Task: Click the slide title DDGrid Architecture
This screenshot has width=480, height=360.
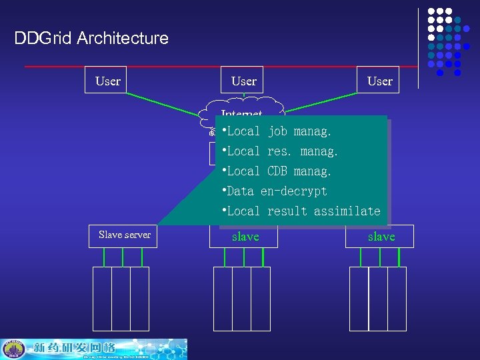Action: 91,38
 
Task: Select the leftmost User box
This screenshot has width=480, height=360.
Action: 108,81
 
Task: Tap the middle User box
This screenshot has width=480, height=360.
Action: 243,81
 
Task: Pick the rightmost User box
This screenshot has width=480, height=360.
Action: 379,81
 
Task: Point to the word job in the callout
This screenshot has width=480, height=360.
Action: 277,131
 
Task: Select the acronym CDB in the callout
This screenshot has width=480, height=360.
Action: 277,171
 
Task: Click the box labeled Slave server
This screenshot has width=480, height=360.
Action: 124,235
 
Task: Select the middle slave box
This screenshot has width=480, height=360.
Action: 245,237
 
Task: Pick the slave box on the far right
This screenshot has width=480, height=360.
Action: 381,237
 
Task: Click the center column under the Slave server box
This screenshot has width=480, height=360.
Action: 121,299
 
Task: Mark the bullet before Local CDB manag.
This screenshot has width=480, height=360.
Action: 224,170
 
